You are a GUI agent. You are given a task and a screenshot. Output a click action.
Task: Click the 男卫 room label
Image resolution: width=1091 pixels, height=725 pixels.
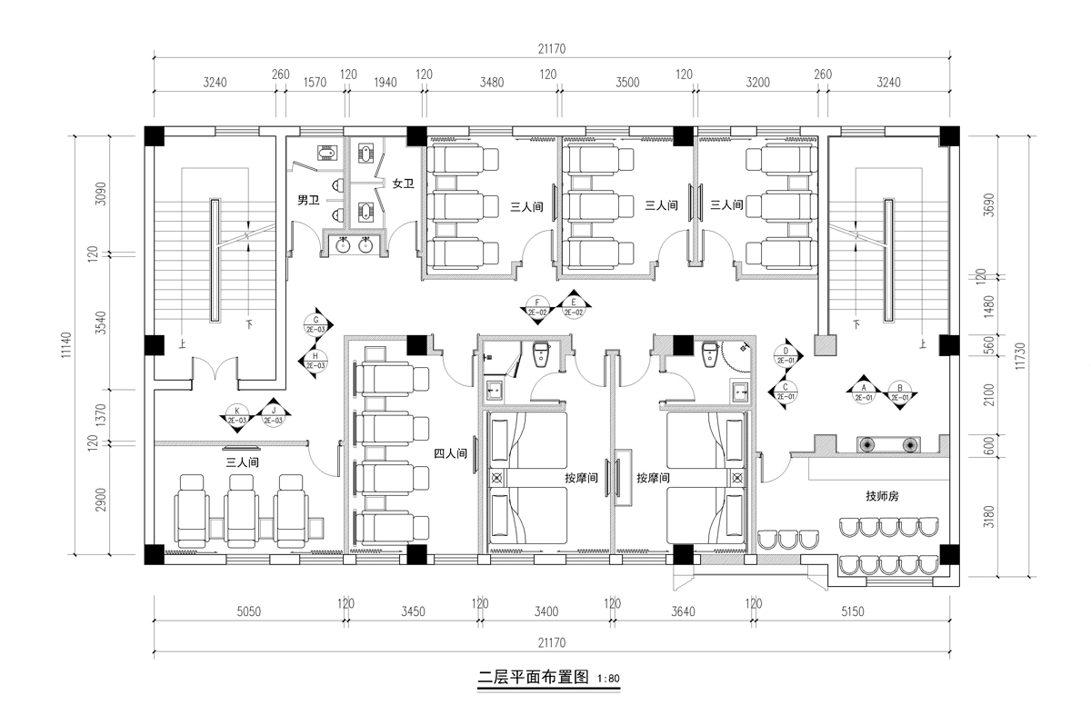pyautogui.click(x=308, y=199)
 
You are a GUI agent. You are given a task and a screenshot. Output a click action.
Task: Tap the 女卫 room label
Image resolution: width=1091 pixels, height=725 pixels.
pyautogui.click(x=403, y=184)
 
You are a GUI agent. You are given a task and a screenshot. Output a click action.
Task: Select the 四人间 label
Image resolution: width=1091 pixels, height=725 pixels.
pyautogui.click(x=451, y=452)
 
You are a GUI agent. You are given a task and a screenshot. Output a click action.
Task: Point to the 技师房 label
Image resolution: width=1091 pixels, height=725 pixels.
pyautogui.click(x=882, y=496)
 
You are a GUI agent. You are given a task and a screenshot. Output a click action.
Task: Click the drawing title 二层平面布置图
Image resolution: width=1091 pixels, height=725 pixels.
pyautogui.click(x=535, y=678)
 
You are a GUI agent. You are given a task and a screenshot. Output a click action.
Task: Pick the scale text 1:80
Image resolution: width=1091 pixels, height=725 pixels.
pyautogui.click(x=608, y=679)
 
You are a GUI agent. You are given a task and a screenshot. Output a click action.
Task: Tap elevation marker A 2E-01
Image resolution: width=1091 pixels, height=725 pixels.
pyautogui.click(x=861, y=392)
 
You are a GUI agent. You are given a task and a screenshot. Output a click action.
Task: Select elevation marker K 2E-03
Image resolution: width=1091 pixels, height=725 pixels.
pyautogui.click(x=237, y=415)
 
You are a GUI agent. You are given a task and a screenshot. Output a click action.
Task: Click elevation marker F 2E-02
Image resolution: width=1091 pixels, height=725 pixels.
pyautogui.click(x=537, y=307)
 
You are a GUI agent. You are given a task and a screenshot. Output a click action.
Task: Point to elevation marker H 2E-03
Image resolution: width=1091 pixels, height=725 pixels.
pyautogui.click(x=315, y=361)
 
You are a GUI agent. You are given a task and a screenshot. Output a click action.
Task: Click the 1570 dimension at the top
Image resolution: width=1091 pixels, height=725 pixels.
pyautogui.click(x=313, y=82)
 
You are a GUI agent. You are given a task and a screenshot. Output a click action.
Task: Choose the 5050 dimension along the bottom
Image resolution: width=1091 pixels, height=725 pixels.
pyautogui.click(x=248, y=611)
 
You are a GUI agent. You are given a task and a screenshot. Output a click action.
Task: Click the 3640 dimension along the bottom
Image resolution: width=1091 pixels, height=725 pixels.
pyautogui.click(x=682, y=611)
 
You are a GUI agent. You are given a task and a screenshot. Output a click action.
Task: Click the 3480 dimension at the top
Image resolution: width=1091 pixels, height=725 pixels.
pyautogui.click(x=490, y=82)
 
